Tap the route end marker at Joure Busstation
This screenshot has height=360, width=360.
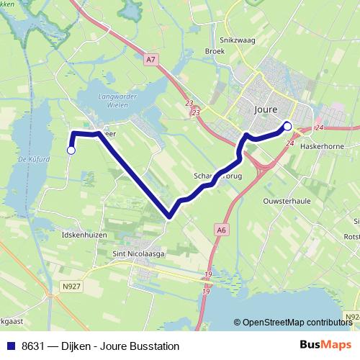pos(287,126)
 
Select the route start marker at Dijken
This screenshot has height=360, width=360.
pos(71,150)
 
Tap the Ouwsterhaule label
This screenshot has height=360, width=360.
pos(287,201)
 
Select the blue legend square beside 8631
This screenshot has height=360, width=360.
pos(10,346)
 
